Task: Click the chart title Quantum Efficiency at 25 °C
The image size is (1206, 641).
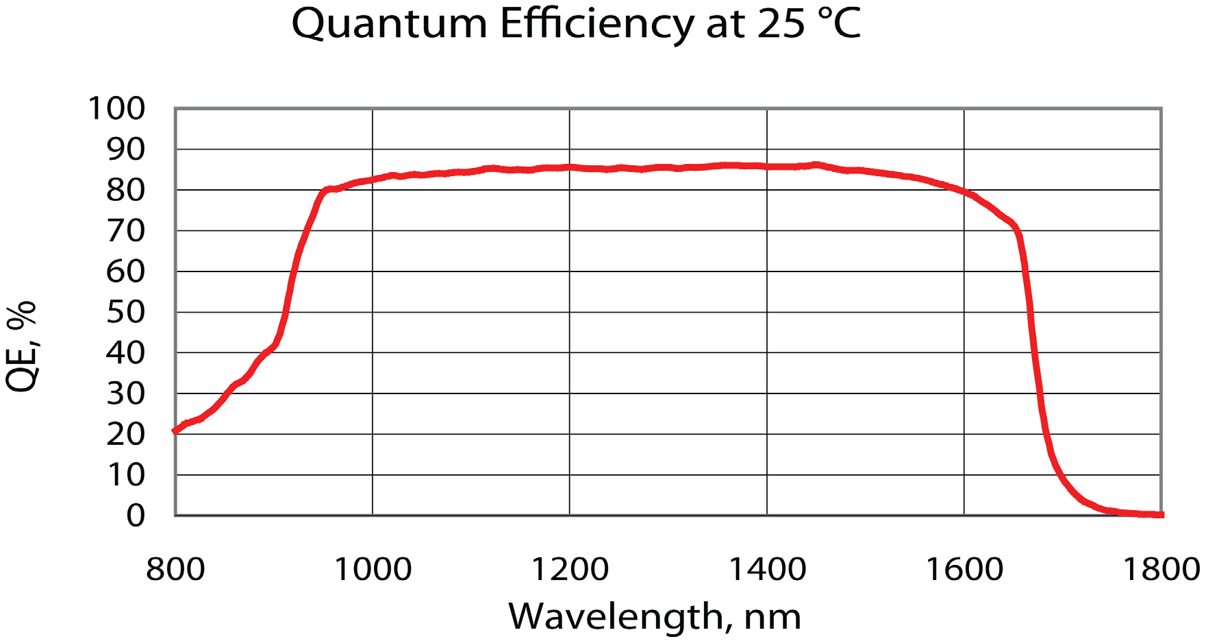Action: click(575, 25)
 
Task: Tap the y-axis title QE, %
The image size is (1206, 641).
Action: click(22, 346)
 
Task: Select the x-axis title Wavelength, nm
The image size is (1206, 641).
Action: click(655, 616)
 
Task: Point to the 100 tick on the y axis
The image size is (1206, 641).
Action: click(117, 108)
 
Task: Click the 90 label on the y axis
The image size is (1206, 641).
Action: click(126, 149)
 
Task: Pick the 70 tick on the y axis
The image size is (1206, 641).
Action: click(126, 231)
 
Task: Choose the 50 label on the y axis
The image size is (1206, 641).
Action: click(126, 313)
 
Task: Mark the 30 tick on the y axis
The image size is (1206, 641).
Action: click(126, 394)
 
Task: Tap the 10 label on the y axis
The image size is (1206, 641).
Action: click(126, 475)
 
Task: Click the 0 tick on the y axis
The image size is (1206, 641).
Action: click(136, 515)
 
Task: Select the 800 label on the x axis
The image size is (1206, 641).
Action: click(175, 570)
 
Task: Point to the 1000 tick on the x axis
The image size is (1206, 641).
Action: click(373, 570)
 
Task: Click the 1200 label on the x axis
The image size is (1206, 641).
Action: click(570, 570)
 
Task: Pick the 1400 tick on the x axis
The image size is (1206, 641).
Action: click(767, 570)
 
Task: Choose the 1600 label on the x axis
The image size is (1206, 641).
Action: click(964, 570)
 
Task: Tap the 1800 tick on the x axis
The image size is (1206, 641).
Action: click(1161, 570)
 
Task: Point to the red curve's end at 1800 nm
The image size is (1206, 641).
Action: click(1160, 514)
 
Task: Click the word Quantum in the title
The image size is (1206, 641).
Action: click(389, 25)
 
